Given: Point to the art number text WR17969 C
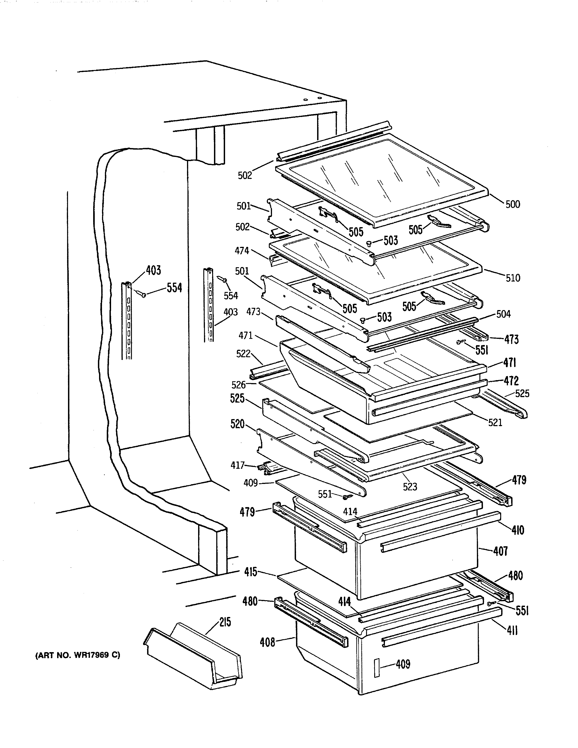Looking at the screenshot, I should [x=78, y=655].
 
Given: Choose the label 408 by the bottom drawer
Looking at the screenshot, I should [x=267, y=642].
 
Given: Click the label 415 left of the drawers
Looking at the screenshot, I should [x=251, y=572].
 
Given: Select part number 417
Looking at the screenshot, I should [x=237, y=465].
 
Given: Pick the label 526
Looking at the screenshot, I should [x=239, y=385].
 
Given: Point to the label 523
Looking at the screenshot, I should [x=410, y=487].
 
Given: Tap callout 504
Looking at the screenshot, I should [x=503, y=314].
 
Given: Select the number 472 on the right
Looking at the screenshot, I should [x=511, y=381].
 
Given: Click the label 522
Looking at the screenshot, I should [x=243, y=354].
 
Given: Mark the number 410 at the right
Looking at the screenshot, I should [x=518, y=531].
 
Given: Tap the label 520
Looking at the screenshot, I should [x=237, y=424].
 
